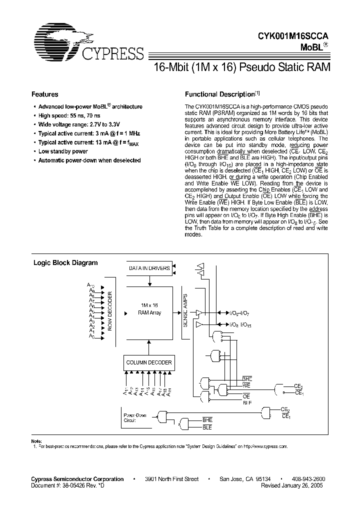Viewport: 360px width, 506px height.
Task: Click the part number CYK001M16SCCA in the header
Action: [x=294, y=36]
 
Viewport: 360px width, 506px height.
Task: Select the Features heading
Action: [x=45, y=94]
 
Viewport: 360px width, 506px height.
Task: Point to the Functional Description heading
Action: [x=220, y=94]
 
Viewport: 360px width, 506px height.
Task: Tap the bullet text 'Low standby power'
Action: [x=63, y=151]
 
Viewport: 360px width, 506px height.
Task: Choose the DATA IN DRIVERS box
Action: [x=149, y=268]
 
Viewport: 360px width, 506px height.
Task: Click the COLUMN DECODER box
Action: [x=148, y=362]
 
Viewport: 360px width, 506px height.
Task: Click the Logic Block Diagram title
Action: [x=65, y=262]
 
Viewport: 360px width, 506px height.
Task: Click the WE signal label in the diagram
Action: [x=246, y=385]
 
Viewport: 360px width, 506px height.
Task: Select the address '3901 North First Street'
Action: [x=171, y=479]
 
